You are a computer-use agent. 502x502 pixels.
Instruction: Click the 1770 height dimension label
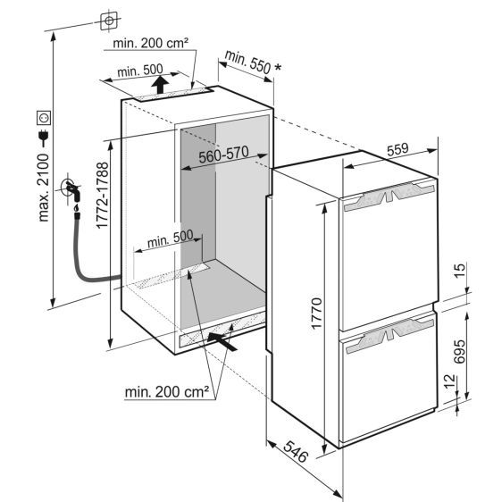pos(316,314)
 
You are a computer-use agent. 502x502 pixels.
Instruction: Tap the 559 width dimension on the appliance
pos(397,149)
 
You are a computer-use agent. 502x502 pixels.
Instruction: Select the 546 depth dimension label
pos(296,451)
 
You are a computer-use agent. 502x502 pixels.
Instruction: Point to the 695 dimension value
pos(459,352)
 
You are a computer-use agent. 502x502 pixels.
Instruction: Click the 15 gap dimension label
pos(459,271)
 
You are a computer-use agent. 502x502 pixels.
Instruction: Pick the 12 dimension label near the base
pos(450,381)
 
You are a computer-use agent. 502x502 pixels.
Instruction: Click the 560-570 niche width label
pos(223,154)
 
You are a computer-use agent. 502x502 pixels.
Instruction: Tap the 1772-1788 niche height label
pos(103,196)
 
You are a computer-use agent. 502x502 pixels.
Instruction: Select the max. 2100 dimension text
pos(43,188)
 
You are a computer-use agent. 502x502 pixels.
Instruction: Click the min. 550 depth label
pos(247,62)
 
